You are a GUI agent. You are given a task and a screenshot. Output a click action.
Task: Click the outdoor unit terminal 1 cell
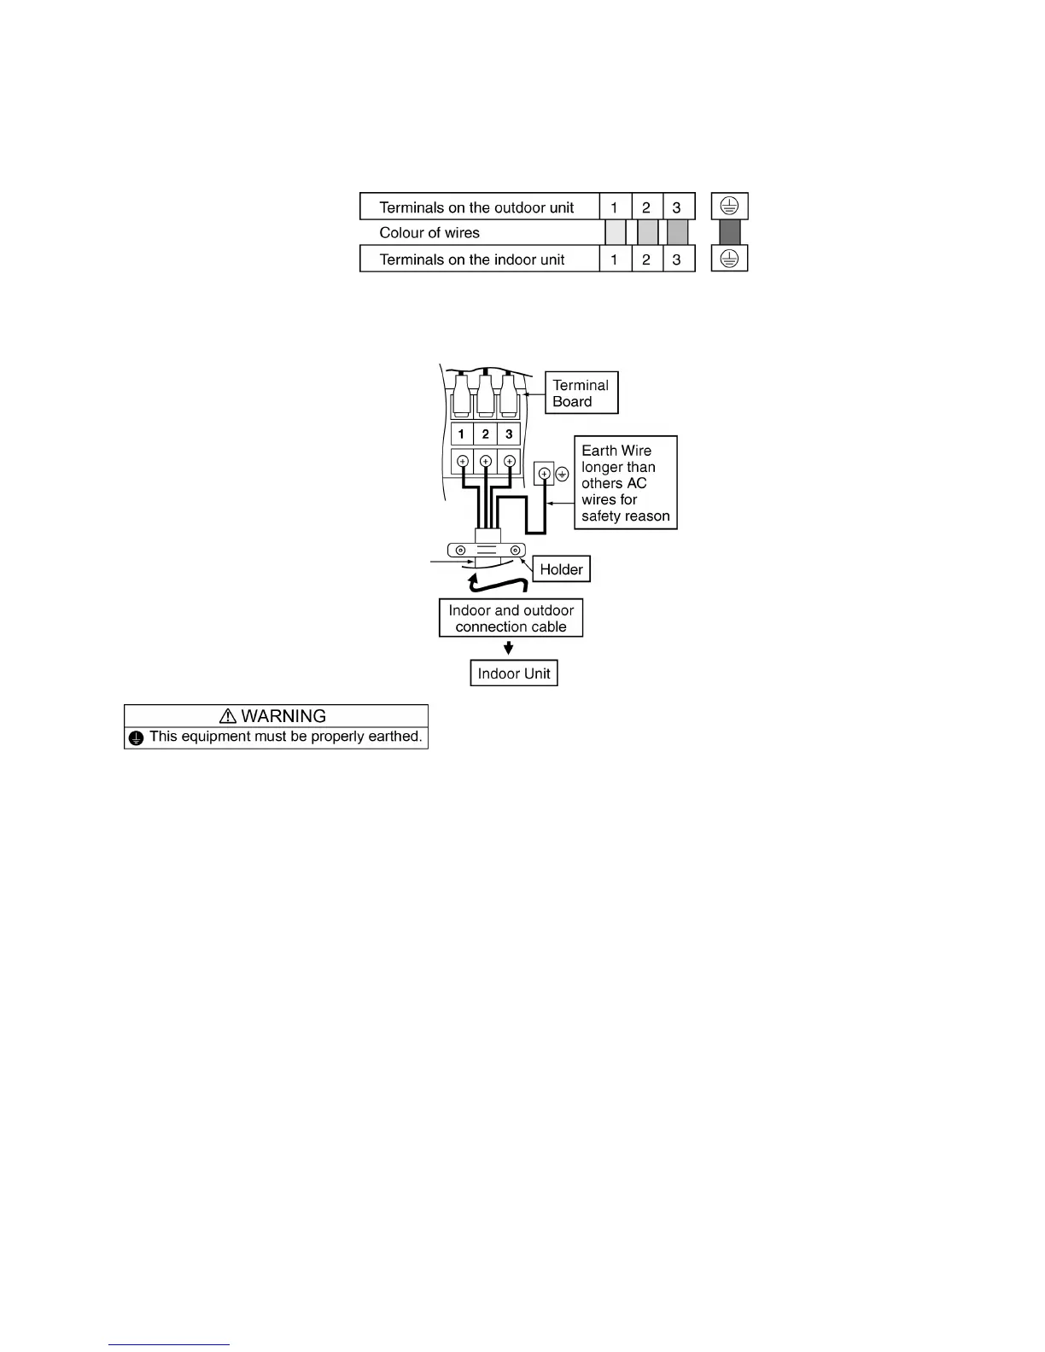point(615,207)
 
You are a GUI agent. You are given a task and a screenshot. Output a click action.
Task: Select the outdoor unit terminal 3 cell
point(677,207)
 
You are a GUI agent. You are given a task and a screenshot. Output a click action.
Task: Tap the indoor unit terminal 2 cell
point(646,259)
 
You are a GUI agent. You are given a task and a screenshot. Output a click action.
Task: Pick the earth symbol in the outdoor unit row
point(729,207)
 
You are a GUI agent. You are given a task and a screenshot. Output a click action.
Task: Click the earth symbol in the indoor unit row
point(729,259)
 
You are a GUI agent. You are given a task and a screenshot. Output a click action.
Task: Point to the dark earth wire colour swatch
point(729,232)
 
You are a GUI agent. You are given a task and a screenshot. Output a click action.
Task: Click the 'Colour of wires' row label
point(429,233)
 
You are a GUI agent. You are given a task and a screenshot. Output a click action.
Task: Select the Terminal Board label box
point(581,393)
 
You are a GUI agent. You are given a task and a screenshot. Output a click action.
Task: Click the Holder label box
point(561,569)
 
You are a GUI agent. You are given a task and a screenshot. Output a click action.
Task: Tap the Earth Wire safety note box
point(625,482)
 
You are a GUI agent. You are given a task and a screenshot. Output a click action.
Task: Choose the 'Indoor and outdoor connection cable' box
point(511,618)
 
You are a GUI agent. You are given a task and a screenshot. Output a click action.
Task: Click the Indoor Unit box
point(514,673)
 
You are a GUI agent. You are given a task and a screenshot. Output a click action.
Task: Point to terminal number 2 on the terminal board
point(485,434)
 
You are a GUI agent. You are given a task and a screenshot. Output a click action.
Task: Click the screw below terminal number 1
point(462,462)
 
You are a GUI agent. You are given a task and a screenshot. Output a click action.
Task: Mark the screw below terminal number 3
point(509,462)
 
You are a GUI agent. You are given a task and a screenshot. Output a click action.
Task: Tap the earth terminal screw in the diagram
point(544,473)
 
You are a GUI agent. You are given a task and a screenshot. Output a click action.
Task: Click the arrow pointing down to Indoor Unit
point(509,648)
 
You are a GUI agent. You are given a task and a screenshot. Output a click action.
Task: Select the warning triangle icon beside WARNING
point(228,716)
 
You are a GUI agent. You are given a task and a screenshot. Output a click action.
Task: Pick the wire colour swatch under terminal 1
point(615,232)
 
